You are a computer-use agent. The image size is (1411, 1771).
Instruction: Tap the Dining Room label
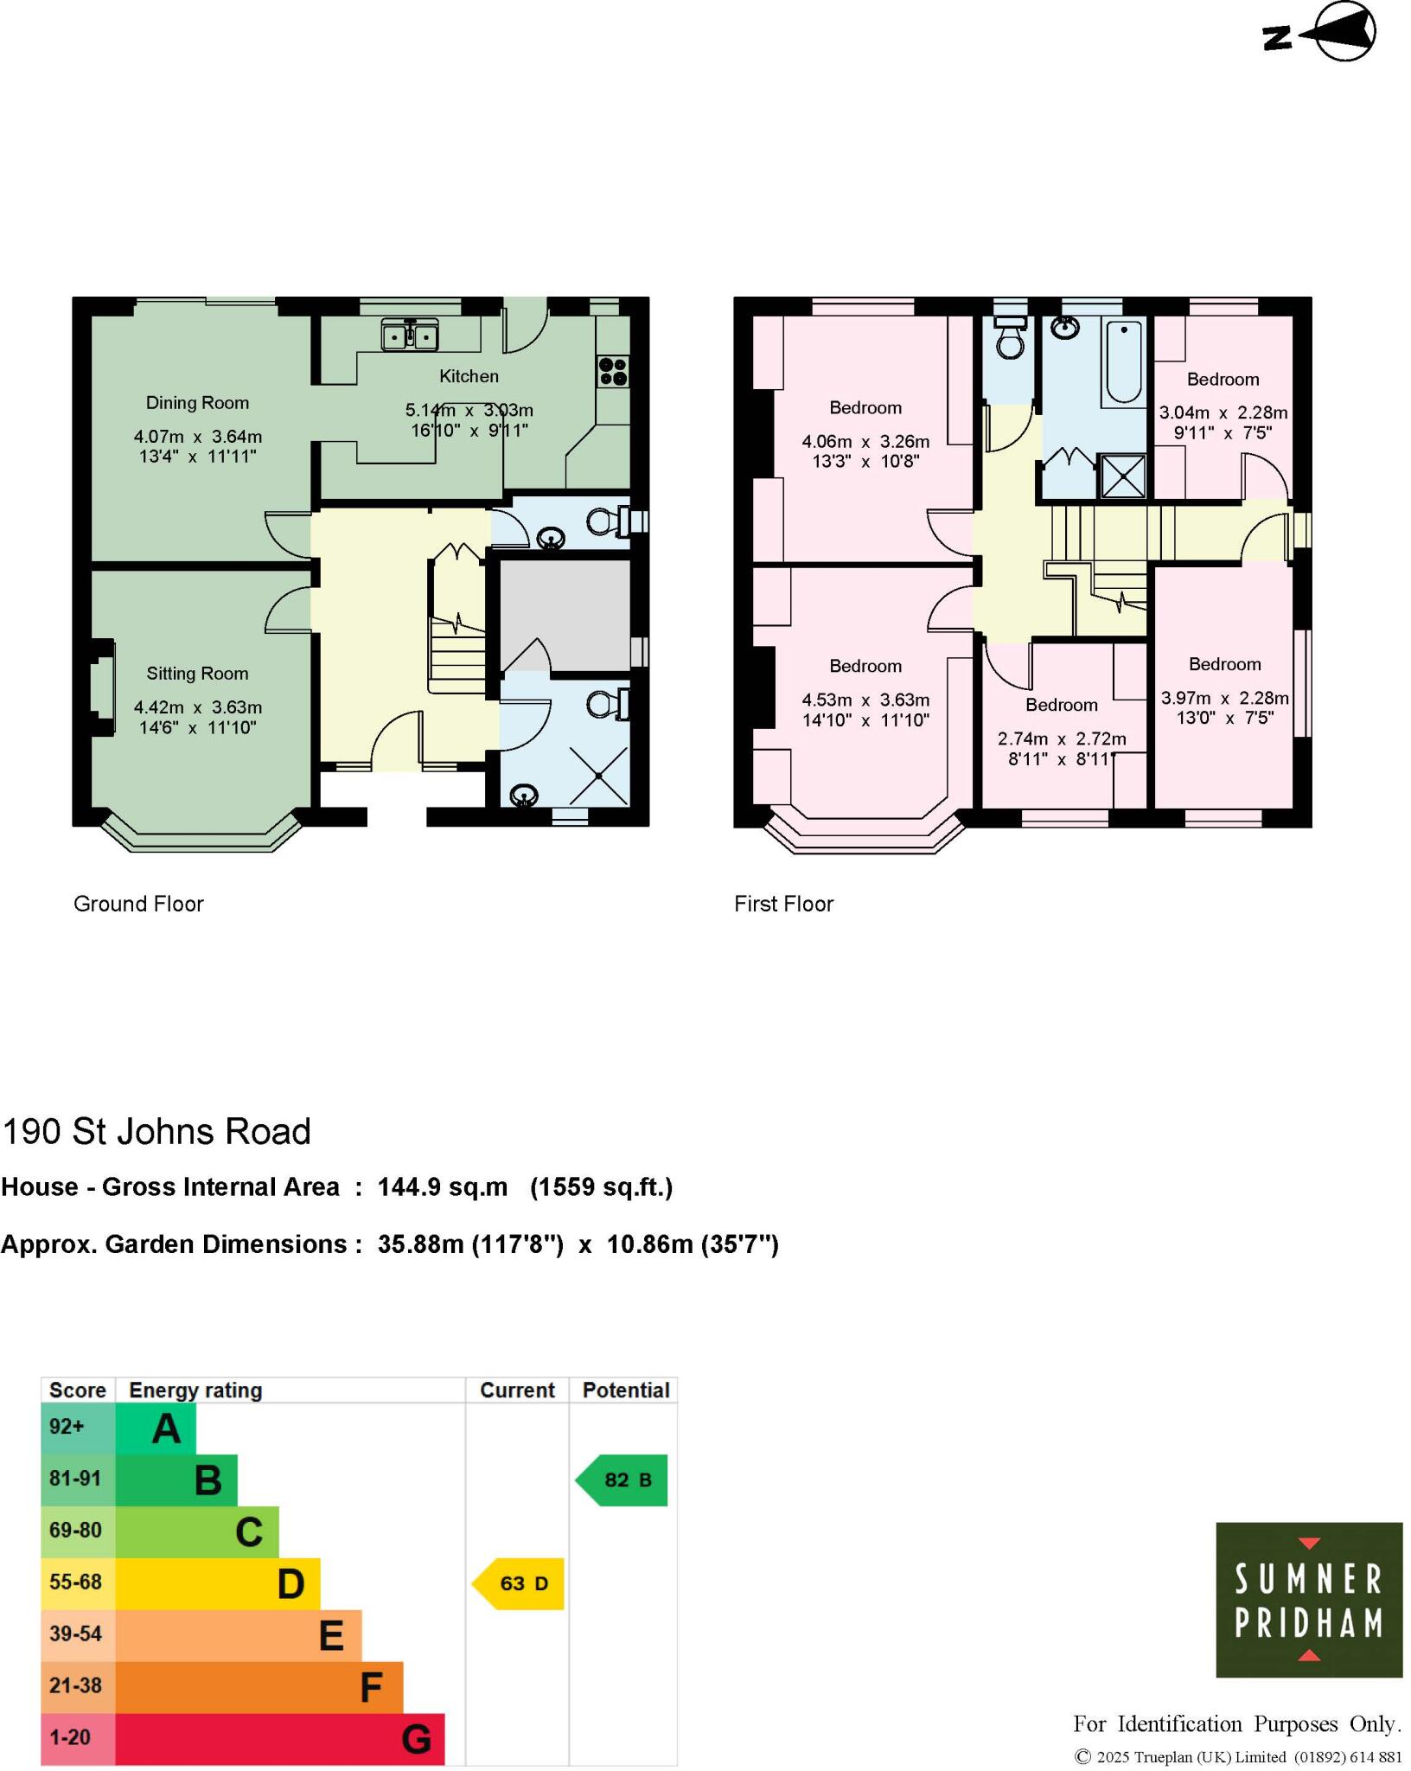click(x=197, y=403)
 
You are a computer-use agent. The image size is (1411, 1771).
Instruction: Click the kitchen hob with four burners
click(x=613, y=372)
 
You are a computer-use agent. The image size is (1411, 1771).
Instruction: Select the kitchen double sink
click(x=411, y=335)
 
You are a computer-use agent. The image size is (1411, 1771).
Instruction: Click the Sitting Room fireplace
click(x=103, y=687)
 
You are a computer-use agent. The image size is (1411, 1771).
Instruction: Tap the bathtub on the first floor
click(x=1123, y=361)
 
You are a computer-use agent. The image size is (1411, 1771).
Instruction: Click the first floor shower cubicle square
click(x=1123, y=476)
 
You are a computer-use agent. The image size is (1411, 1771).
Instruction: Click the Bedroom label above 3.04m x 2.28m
click(x=1223, y=380)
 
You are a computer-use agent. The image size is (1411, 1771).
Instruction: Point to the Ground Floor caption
click(x=138, y=904)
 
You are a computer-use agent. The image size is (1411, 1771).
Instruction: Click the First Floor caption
click(x=783, y=904)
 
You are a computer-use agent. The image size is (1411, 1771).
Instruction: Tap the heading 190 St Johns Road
click(x=156, y=1132)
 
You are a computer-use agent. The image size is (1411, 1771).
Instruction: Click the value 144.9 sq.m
click(x=442, y=1187)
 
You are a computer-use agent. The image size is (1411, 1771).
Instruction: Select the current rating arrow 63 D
click(x=519, y=1583)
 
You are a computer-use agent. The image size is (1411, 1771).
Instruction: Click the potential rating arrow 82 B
click(x=622, y=1480)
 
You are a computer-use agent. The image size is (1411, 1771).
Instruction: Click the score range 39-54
click(x=76, y=1634)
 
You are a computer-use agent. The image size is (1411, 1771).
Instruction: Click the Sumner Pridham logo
click(x=1308, y=1600)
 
